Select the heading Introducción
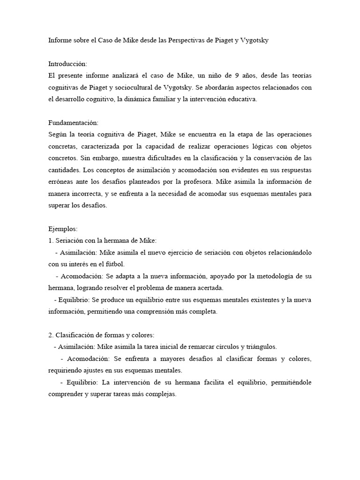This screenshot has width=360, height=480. click(67, 64)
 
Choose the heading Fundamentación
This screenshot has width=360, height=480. click(73, 122)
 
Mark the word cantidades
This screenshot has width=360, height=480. click(64, 169)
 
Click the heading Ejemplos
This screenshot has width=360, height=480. click(63, 229)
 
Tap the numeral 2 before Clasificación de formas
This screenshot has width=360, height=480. click(50, 335)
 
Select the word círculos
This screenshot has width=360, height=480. click(213, 346)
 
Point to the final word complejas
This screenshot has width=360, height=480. click(160, 394)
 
